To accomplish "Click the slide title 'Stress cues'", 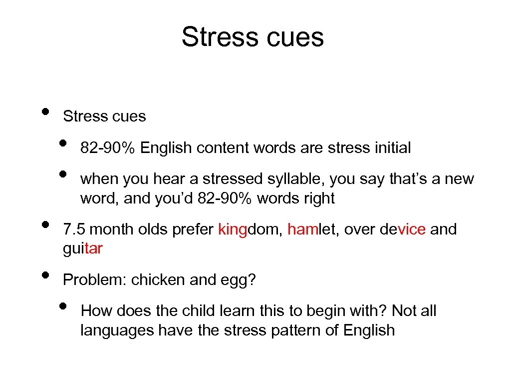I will tap(253, 36).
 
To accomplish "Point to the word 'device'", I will tap(402, 229).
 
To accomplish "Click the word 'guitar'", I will tap(82, 249).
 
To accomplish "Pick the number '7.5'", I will tap(74, 229).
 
